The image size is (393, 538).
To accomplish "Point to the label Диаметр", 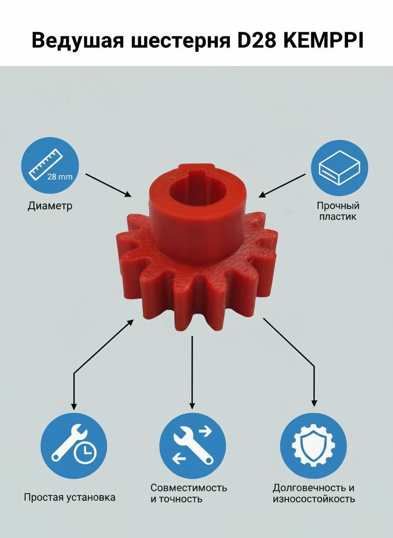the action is click(50, 205).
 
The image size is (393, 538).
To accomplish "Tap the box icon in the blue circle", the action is click(339, 168).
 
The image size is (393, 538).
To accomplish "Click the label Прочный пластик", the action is click(338, 211).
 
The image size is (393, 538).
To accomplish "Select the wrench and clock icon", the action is click(74, 446).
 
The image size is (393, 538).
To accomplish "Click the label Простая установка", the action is click(70, 497).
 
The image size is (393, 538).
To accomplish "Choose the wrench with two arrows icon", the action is click(192, 446).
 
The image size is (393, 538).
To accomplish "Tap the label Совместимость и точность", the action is click(189, 493).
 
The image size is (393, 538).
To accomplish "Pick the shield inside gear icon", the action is click(313, 446).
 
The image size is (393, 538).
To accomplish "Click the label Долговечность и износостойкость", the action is click(314, 493).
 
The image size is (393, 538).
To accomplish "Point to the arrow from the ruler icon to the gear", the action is click(108, 185).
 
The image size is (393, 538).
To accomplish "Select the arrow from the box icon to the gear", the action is click(282, 186).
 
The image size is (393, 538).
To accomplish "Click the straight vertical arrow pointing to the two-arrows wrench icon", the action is click(192, 372).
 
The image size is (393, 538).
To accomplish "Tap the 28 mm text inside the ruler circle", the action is click(60, 177).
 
